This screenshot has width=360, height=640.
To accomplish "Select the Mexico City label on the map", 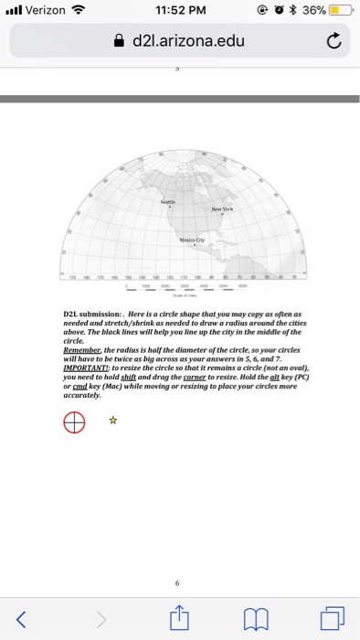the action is (x=190, y=232).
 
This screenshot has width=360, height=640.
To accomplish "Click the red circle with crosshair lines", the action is (x=75, y=421).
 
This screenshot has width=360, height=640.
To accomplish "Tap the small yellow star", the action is (x=112, y=421).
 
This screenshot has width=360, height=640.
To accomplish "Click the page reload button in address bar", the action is (x=333, y=42).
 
